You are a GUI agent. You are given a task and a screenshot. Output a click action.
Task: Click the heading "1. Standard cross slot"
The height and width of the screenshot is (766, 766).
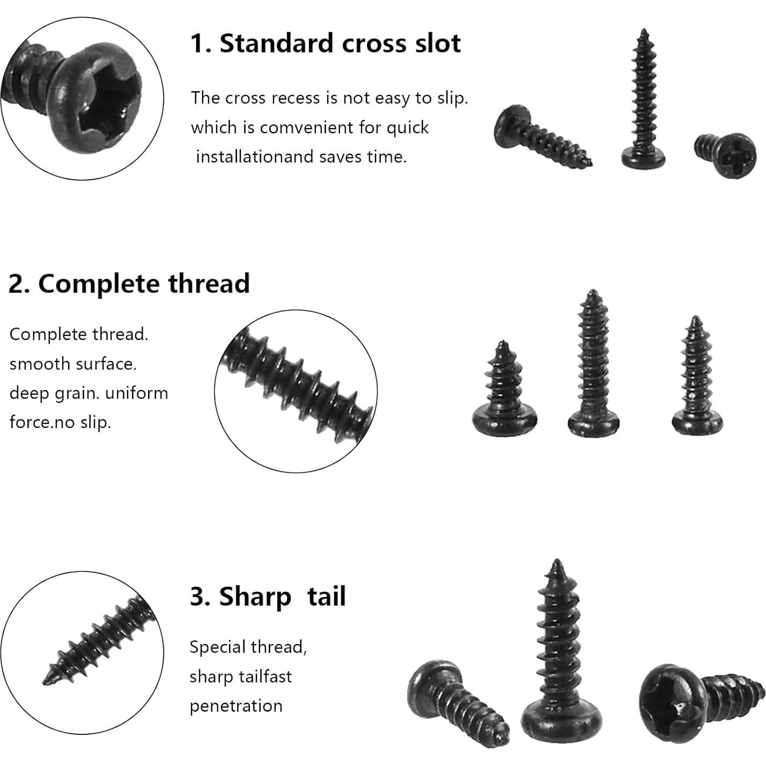tap(325, 43)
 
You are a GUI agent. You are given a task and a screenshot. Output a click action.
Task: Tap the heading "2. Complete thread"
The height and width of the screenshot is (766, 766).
tap(129, 283)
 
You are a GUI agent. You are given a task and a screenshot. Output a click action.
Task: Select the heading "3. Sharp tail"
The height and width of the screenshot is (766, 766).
tap(268, 596)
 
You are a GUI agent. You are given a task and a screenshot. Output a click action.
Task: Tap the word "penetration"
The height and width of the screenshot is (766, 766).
tap(236, 705)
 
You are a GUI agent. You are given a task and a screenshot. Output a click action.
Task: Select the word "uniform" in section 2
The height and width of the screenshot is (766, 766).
tap(137, 393)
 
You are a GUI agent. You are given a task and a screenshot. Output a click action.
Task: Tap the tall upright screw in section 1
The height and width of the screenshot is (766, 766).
tap(643, 102)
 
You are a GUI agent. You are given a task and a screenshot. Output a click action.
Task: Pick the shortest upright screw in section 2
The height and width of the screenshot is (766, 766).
tap(504, 392)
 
